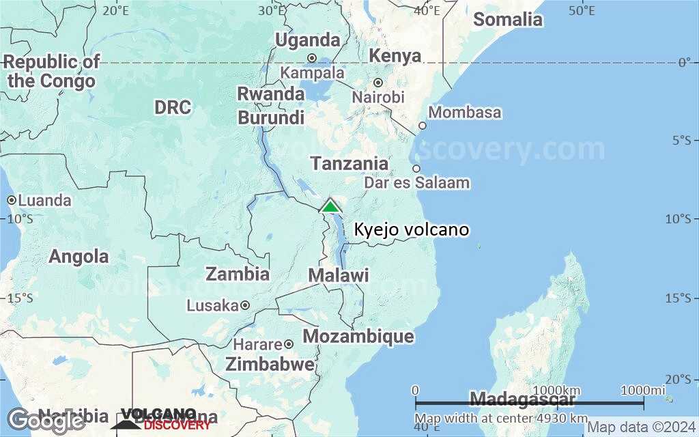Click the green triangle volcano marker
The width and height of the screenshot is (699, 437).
330,206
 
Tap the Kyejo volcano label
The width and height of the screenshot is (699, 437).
411,229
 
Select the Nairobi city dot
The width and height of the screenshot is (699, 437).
377,83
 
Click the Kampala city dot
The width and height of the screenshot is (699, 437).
312,58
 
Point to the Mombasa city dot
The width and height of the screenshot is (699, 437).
423,126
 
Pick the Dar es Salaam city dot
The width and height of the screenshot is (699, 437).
416,169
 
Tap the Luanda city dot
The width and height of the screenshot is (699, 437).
12,200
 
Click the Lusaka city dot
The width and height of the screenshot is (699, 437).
244,305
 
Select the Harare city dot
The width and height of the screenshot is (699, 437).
289,344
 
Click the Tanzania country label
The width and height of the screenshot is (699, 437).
349,164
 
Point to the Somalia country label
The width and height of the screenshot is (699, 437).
508,19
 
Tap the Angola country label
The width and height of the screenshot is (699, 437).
79,257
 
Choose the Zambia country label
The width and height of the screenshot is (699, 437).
238,274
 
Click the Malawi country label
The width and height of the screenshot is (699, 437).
339,276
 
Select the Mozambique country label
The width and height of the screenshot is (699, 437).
358,337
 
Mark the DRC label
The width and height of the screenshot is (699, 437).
173,108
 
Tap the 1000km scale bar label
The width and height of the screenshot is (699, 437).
560,390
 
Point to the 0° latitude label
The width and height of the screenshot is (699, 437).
684,63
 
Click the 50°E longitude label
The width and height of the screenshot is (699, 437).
582,10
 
